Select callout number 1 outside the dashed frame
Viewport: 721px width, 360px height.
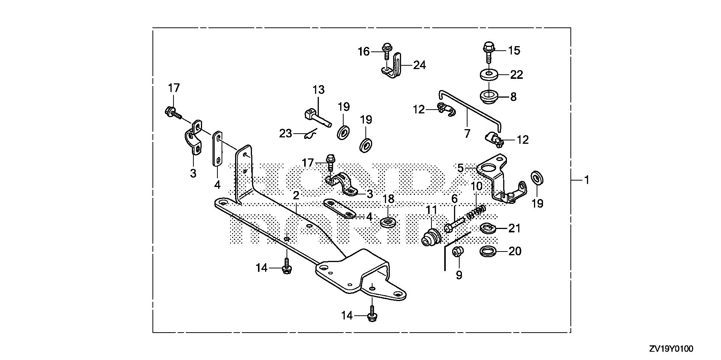pos(586,181)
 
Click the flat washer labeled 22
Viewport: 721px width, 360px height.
pos(490,74)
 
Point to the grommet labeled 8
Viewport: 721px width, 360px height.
pos(490,96)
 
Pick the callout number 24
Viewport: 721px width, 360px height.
pos(419,65)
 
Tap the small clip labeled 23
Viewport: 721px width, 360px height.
pos(310,134)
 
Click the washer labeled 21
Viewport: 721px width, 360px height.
pos(488,227)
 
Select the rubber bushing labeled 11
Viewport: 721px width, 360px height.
pos(431,237)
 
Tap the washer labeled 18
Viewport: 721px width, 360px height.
pos(387,222)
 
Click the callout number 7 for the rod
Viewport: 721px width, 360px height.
pos(467,133)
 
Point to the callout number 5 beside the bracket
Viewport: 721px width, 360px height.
pos(461,168)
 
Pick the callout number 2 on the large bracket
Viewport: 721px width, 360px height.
pos(296,196)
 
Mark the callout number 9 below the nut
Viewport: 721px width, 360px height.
pos(459,275)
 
